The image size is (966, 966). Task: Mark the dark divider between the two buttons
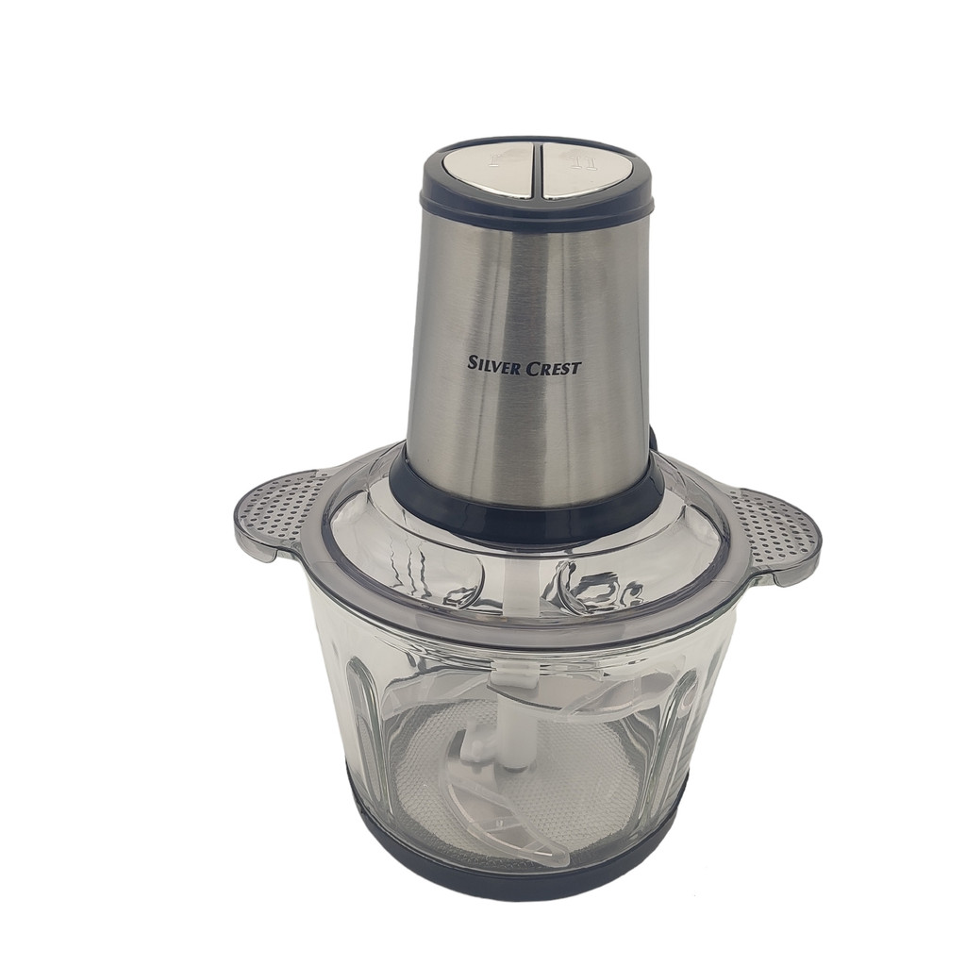539,171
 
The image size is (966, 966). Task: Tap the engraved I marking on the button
492,161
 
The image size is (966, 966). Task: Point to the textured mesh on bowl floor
585,802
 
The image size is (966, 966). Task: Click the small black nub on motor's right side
652,439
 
